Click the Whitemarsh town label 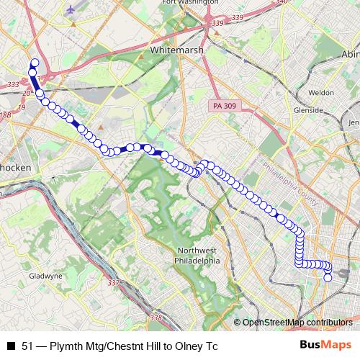[x=178, y=51]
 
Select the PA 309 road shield [x=225, y=106]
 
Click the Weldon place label [x=321, y=93]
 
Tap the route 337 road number [x=112, y=283]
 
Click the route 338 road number [x=156, y=318]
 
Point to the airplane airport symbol [x=72, y=10]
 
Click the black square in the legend [x=11, y=346]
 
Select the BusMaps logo [x=325, y=345]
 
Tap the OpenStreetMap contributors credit [x=298, y=323]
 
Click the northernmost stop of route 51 [x=34, y=63]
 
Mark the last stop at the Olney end [x=328, y=278]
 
